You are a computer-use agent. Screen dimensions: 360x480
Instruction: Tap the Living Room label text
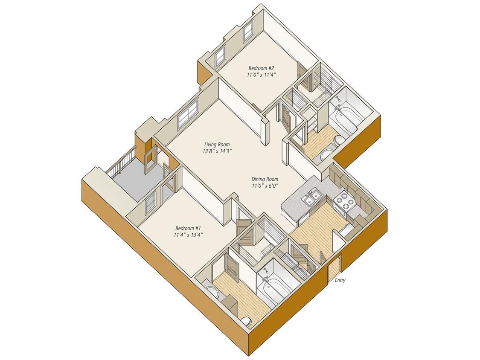tap(217, 144)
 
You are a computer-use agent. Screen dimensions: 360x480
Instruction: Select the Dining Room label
tap(265, 179)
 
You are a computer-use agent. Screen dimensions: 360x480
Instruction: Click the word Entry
tap(340, 280)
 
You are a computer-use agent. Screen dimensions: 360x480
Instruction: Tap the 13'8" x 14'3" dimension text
tap(217, 151)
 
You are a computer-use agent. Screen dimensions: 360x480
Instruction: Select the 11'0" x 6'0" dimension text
tap(265, 186)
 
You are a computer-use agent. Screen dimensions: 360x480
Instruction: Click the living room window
tap(188, 114)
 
